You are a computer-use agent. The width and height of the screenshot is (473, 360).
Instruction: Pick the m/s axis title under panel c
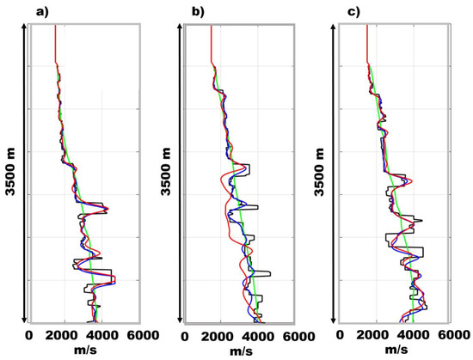tap(395, 351)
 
